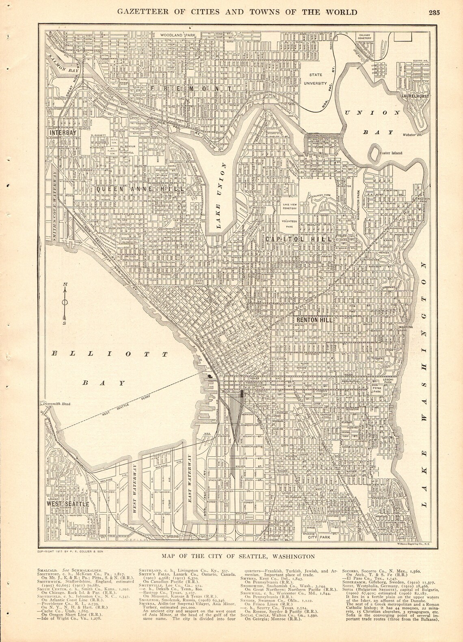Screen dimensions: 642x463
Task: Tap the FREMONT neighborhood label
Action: click(x=185, y=89)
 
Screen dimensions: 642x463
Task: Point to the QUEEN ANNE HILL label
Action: click(x=141, y=189)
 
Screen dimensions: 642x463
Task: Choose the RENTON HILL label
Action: click(x=314, y=320)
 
